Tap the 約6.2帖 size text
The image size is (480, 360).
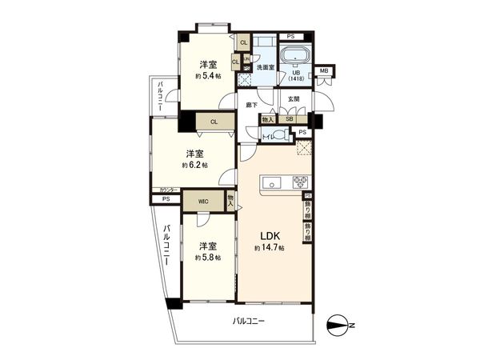coord(194,165)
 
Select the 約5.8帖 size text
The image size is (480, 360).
coord(206,258)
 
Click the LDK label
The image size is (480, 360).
coord(270,236)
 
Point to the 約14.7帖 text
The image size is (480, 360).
coord(270,249)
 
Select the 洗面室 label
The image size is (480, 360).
coord(266,67)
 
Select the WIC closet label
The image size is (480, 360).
coord(194,202)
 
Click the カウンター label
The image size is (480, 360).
coord(164,190)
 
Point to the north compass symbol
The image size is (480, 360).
coord(339,324)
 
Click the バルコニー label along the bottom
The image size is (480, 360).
coord(249,321)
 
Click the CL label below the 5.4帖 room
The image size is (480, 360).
coord(214,122)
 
